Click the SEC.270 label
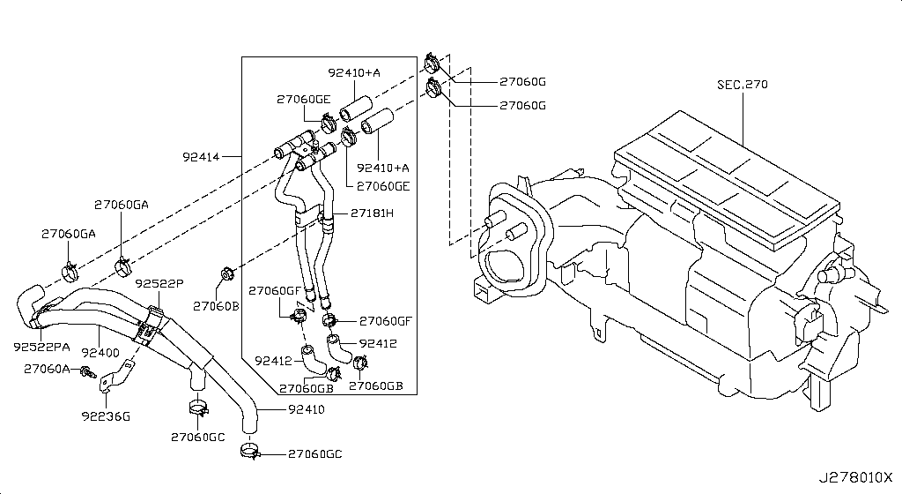742,86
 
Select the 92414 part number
201,157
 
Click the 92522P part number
159,283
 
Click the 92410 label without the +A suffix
305,409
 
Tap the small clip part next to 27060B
225,273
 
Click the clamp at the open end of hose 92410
249,453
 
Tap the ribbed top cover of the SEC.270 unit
722,176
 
